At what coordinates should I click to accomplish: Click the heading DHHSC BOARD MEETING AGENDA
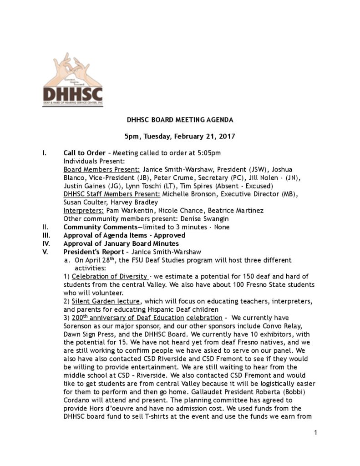click(180, 121)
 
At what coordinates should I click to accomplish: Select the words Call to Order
click(85, 152)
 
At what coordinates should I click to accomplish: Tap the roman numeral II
click(45, 227)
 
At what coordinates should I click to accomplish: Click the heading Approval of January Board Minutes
click(121, 243)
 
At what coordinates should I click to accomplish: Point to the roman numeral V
click(44, 252)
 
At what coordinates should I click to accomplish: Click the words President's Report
click(92, 252)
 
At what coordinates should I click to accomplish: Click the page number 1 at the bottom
click(315, 432)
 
